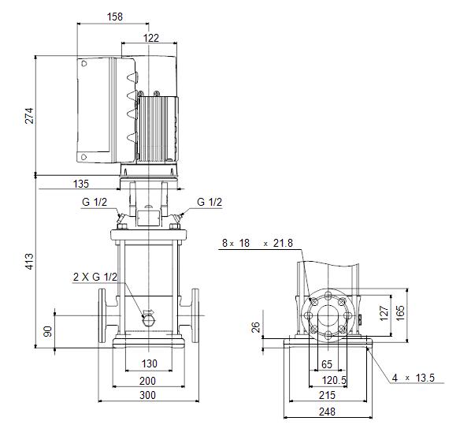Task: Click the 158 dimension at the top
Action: [x=115, y=17]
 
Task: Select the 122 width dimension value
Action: [x=150, y=38]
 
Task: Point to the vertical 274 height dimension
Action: [x=29, y=115]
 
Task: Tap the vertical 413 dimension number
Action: [x=29, y=261]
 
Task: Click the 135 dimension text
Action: [x=81, y=184]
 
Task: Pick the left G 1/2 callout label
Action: [x=95, y=202]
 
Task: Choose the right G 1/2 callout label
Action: [x=210, y=202]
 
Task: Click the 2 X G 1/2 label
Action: [x=95, y=277]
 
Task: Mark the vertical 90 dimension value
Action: [x=48, y=332]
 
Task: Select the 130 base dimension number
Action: [x=150, y=363]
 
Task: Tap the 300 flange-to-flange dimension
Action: [x=148, y=395]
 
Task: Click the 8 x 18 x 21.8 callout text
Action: [x=258, y=243]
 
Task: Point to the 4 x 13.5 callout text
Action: [x=414, y=378]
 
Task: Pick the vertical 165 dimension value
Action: [x=400, y=313]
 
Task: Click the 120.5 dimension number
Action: [x=334, y=380]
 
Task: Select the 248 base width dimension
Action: [x=327, y=412]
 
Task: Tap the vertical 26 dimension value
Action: [x=255, y=327]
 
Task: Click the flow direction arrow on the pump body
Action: [x=148, y=311]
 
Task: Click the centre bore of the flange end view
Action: [x=328, y=315]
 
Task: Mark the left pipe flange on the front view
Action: [x=102, y=315]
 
